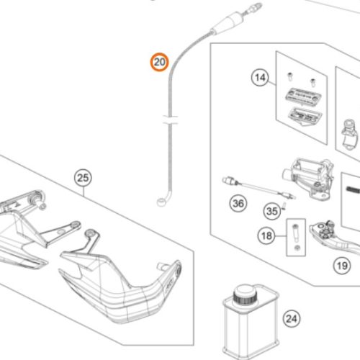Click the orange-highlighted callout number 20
(160, 62)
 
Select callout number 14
(260, 78)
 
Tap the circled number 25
(83, 178)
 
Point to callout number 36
(238, 204)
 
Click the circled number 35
(272, 211)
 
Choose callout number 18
(266, 235)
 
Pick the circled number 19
(342, 266)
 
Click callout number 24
(292, 319)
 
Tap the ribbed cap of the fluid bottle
(246, 294)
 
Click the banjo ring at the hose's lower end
(161, 202)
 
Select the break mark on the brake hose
(170, 120)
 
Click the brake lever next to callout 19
(335, 238)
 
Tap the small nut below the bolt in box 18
(297, 248)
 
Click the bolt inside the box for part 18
(295, 233)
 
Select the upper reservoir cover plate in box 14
(303, 95)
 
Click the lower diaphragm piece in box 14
(305, 116)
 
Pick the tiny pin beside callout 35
(284, 206)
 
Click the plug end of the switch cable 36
(229, 181)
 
